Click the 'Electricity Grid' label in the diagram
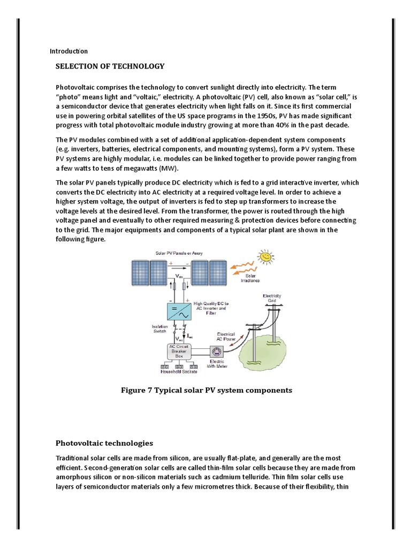pyautogui.click(x=271, y=298)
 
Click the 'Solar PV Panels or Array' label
pyautogui.click(x=179, y=253)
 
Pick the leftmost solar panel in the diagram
pyautogui.click(x=141, y=273)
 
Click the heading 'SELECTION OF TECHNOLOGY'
pyautogui.click(x=110, y=66)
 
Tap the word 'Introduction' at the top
pyautogui.click(x=68, y=51)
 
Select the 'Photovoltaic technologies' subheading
pyautogui.click(x=104, y=443)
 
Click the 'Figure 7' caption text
pyautogui.click(x=207, y=390)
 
